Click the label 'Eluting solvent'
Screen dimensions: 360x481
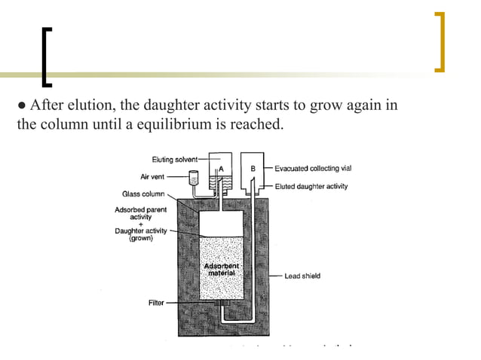click(x=174, y=159)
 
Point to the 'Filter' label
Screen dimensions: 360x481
click(x=156, y=302)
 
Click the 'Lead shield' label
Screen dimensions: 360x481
click(x=302, y=276)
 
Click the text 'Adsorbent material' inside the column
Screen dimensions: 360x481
click(x=221, y=270)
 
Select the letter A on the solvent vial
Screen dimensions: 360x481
click(x=220, y=166)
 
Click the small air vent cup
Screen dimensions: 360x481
click(x=194, y=179)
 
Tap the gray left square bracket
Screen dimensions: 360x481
click(x=47, y=56)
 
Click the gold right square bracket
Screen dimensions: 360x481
click(x=440, y=42)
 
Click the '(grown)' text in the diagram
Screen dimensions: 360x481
click(x=140, y=238)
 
